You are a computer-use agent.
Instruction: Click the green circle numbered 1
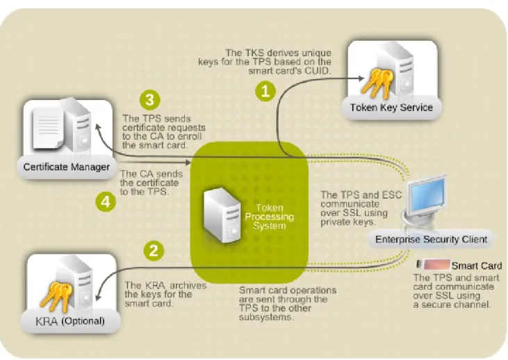pos(265,91)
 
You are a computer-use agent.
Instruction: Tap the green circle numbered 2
pos(154,250)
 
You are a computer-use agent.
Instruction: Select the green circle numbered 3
pos(149,100)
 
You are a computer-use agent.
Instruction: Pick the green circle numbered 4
pos(106,202)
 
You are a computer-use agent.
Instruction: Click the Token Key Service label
pos(391,108)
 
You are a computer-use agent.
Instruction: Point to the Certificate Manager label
pos(67,167)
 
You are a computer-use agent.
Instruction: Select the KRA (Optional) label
pos(70,321)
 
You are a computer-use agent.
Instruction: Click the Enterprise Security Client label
pos(432,240)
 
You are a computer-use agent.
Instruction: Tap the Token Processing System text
pos(269,217)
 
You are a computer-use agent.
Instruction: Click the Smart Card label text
pos(477,265)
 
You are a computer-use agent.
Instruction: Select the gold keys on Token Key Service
pos(377,83)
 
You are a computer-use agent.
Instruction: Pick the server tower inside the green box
pos(222,215)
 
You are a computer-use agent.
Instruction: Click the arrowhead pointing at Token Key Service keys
pos(361,78)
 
